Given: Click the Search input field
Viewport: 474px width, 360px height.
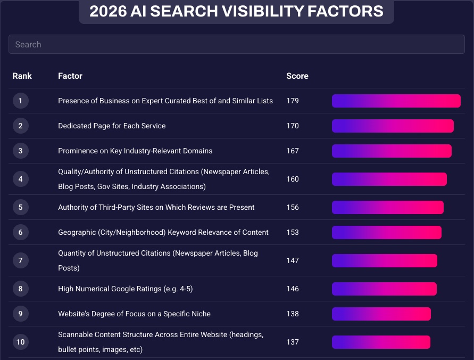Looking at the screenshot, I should coord(236,44).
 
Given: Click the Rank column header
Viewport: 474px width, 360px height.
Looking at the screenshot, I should coord(22,76).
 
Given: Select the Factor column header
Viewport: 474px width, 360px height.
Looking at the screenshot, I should coord(70,76).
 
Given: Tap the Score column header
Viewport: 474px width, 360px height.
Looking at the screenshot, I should coord(297,76).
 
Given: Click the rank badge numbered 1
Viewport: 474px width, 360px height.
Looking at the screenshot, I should coord(21,101).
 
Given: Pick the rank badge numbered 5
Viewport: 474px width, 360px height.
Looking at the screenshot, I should coord(21,207).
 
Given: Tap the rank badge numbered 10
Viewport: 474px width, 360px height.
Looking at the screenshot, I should coord(21,342).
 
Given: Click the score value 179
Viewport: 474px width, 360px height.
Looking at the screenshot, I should coord(293,101).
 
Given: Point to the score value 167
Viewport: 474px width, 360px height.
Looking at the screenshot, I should coord(293,151).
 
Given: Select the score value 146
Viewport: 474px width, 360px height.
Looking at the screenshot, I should coord(293,289).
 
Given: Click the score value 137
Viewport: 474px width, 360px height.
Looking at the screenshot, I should coord(293,342).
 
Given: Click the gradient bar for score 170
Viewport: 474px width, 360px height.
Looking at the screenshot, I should coord(393,126).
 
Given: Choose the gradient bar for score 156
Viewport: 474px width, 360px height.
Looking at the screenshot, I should coord(387,207).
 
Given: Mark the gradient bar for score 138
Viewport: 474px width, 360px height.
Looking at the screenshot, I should coord(381,314).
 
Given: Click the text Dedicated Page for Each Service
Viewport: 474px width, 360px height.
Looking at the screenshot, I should coord(112,126).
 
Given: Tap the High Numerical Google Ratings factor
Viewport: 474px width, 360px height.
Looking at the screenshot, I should coord(125,289).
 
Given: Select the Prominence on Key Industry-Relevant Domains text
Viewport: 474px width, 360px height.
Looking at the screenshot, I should coord(135,151).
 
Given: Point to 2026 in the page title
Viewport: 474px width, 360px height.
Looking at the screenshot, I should coord(107,11).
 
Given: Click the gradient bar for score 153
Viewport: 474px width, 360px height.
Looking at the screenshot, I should coord(386,232).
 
